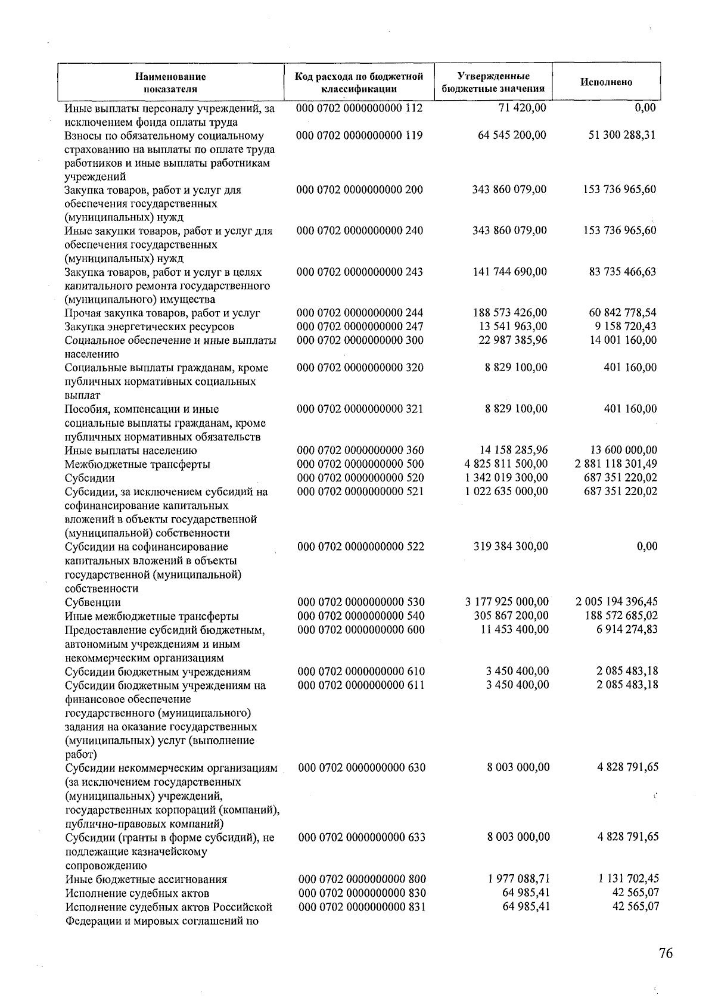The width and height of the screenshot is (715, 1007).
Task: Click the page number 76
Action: point(666,953)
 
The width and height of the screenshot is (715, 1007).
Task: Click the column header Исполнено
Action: point(606,82)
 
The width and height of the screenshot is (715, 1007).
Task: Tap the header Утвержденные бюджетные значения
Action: point(493,82)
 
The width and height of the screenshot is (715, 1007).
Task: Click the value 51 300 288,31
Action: point(622,135)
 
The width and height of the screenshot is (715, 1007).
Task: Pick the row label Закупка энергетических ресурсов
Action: point(149,327)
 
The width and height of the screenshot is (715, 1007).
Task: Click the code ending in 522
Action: point(360,546)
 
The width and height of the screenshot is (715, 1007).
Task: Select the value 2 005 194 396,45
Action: point(617,602)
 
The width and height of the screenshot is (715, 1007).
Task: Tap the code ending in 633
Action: point(361,837)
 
